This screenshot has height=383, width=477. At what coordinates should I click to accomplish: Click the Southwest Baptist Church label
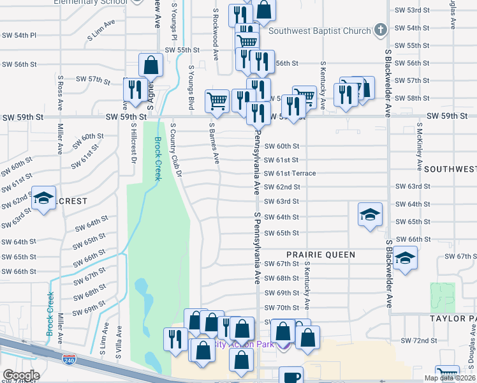point(319,31)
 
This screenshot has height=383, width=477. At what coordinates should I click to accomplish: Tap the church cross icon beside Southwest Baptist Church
point(381,30)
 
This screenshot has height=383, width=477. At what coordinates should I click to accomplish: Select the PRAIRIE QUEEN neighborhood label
point(320,255)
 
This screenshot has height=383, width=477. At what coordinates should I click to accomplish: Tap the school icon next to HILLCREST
point(43,198)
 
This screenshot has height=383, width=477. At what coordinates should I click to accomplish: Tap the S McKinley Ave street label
point(419,147)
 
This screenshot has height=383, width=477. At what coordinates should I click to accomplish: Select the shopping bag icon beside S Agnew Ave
point(151,64)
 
